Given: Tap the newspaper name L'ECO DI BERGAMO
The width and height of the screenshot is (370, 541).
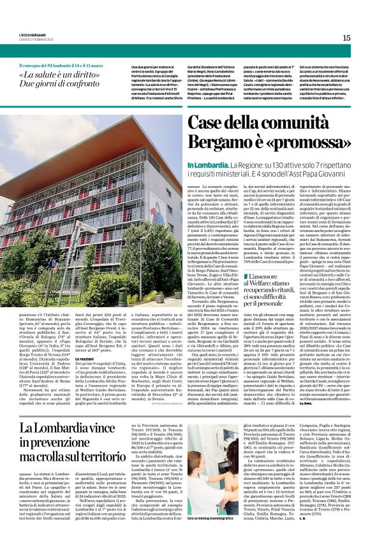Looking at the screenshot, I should [x=31, y=35].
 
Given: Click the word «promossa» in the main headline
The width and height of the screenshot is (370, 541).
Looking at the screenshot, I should [x=309, y=143].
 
